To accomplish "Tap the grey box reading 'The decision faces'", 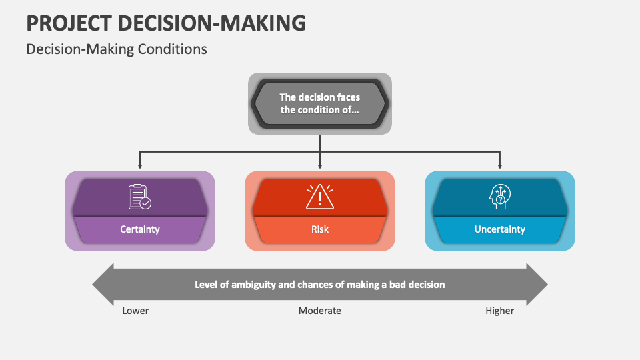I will click(x=320, y=104).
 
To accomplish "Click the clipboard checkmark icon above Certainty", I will click(x=139, y=197).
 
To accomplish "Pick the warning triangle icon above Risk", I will click(x=320, y=197).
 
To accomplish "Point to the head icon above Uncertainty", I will click(x=499, y=197).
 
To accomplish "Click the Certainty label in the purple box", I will click(x=140, y=229).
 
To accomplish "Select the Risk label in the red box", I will click(x=320, y=229).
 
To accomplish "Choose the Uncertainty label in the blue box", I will click(x=500, y=229).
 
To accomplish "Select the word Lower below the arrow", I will click(x=135, y=311).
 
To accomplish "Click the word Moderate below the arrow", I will click(x=320, y=311).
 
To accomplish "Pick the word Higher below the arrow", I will click(x=500, y=311).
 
